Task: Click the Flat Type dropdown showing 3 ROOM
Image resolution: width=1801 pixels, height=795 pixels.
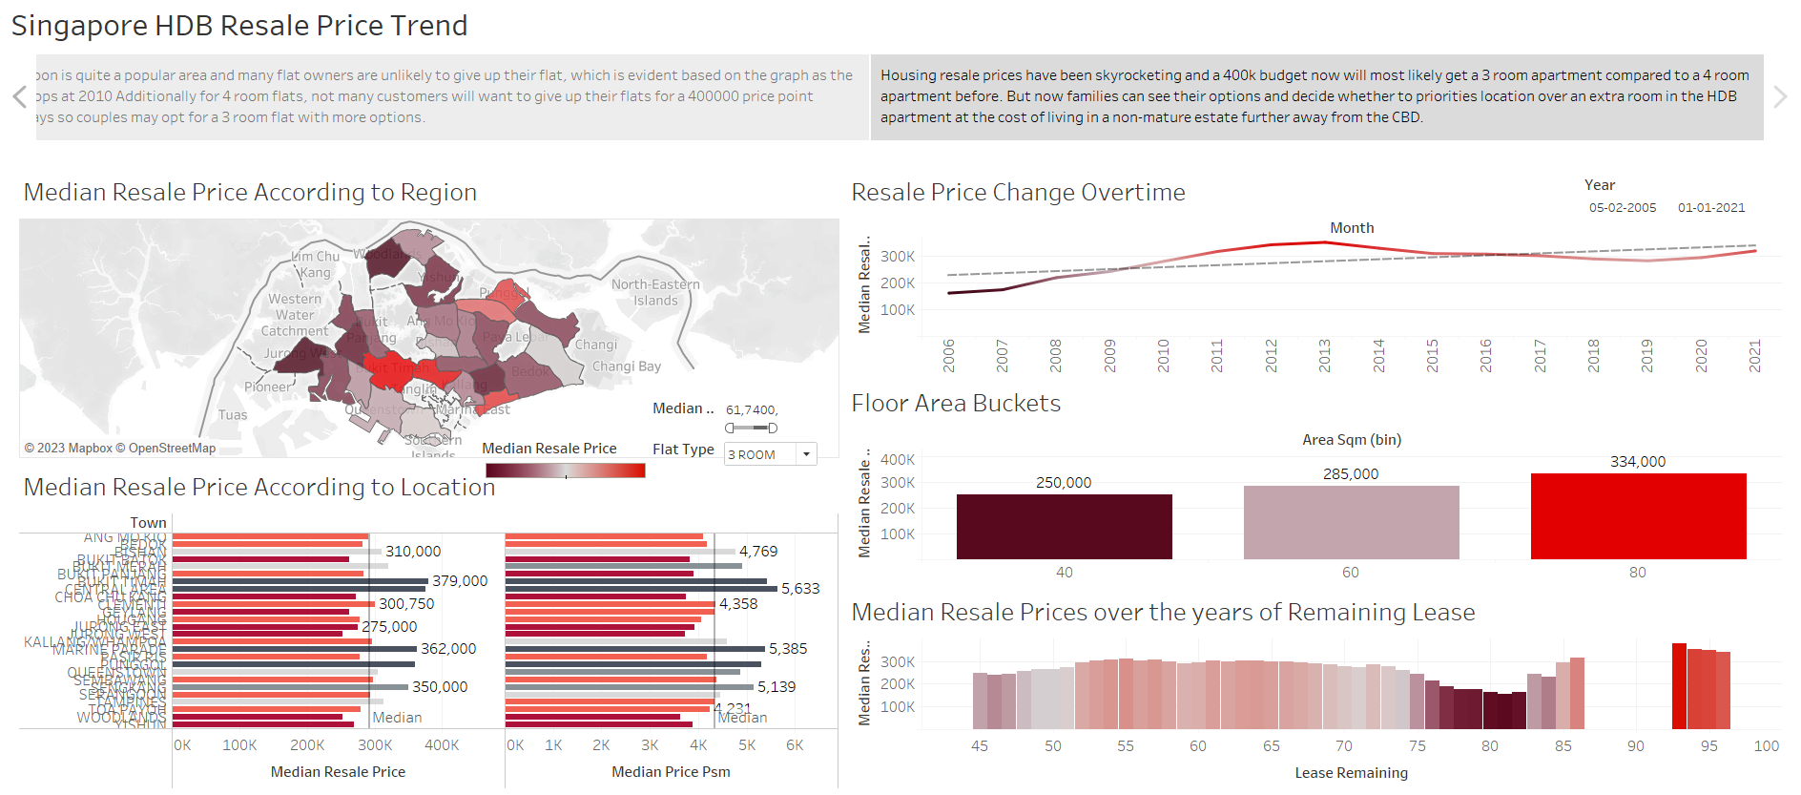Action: [x=770, y=454]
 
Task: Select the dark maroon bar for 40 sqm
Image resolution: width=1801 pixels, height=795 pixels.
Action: [x=1064, y=526]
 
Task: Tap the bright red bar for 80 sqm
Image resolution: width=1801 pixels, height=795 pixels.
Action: [x=1638, y=515]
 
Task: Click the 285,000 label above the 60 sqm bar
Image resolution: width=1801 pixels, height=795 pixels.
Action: [x=1350, y=474]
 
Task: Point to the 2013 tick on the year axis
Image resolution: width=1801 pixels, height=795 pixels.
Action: [x=1324, y=355]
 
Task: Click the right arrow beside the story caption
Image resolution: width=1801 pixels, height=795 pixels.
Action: [x=1779, y=96]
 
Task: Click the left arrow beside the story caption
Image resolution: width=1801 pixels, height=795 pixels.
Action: [x=19, y=96]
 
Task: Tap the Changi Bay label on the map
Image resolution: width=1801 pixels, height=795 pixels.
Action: [x=626, y=366]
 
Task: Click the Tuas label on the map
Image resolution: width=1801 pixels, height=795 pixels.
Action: [x=233, y=415]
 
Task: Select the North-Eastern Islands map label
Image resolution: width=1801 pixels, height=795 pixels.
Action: [x=655, y=292]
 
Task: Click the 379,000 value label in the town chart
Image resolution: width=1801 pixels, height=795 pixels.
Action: [x=460, y=581]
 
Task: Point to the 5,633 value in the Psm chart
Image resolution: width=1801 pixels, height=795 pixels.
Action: [x=800, y=589]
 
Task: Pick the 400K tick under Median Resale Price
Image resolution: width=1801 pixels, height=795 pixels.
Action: [x=442, y=745]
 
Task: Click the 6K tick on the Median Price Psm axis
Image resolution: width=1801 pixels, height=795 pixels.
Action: [x=795, y=745]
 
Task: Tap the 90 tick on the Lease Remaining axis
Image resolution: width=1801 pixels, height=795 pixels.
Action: [x=1635, y=746]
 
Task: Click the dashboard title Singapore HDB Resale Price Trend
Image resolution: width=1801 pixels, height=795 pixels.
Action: [x=239, y=26]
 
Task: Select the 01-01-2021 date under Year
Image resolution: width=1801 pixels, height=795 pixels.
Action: [x=1710, y=208]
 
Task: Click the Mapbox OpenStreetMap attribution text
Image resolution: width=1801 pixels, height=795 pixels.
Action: [x=120, y=449]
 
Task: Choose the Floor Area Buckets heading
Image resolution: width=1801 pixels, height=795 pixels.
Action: [x=956, y=404]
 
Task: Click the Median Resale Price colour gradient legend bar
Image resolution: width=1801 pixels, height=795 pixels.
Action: [x=565, y=471]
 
